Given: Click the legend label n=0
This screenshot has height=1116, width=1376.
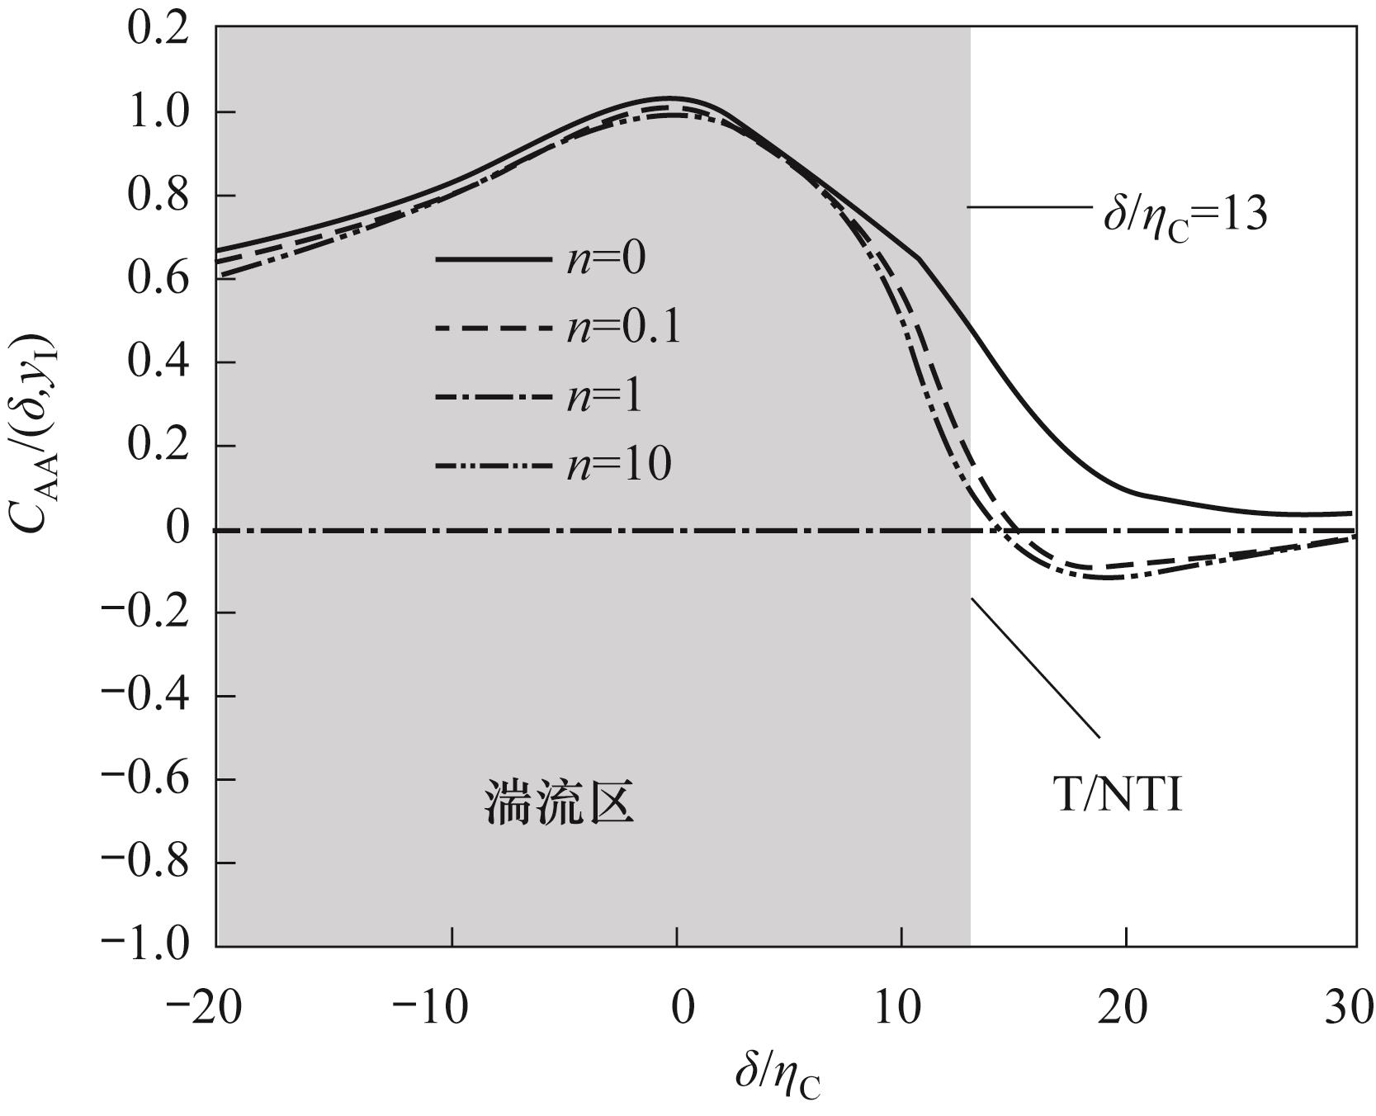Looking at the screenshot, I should point(606,259).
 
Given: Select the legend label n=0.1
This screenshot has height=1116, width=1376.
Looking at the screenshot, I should point(623,329).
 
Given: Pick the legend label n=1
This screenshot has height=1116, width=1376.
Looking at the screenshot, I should point(604,397).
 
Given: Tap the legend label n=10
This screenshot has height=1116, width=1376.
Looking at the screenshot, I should point(618,466).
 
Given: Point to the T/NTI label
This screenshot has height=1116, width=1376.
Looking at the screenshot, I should point(1119,796).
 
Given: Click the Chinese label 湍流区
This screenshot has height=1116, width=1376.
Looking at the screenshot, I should point(559,802).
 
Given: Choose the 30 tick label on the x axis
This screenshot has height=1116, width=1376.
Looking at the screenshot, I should point(1349,1009).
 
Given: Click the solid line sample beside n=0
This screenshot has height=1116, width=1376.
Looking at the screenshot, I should point(493,259).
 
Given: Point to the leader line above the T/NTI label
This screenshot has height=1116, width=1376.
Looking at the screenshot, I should point(1035,667).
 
